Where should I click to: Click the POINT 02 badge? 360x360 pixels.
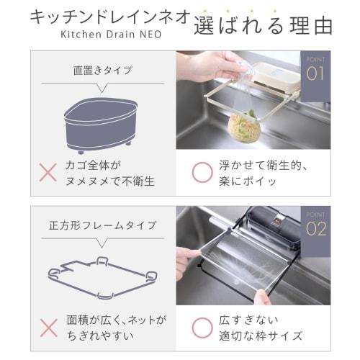click(x=315, y=226)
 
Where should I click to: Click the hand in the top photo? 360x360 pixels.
click(x=209, y=67)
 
